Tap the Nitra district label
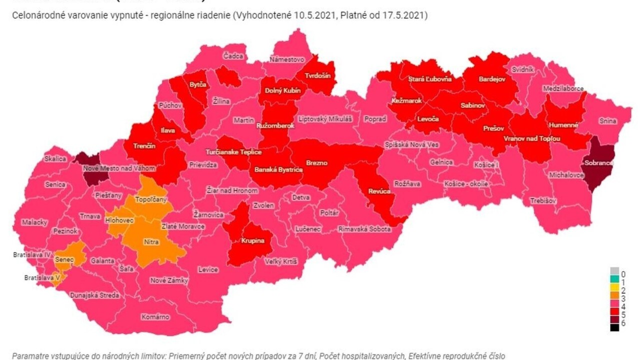pyautogui.click(x=151, y=242)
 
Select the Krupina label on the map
pyautogui.click(x=252, y=240)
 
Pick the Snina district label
pyautogui.click(x=607, y=121)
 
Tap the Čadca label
pyautogui.click(x=233, y=56)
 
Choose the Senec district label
pyautogui.click(x=64, y=260)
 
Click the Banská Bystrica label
pyautogui.click(x=278, y=170)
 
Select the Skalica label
pyautogui.click(x=55, y=158)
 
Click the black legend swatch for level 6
pyautogui.click(x=614, y=327)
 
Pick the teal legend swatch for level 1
pyautogui.click(x=614, y=282)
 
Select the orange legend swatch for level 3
pyautogui.click(x=614, y=298)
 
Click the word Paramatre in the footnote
pyautogui.click(x=30, y=355)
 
